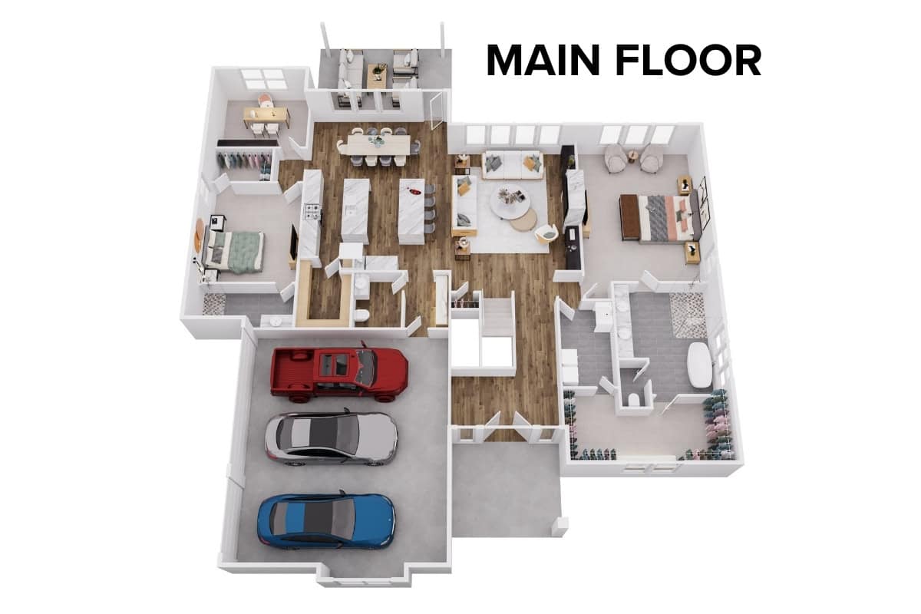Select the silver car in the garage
[331, 439]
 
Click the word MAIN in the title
[543, 61]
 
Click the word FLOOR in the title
[689, 61]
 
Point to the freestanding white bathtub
[700, 365]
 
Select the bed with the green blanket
[233, 251]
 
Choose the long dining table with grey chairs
[378, 145]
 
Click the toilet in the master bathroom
[634, 399]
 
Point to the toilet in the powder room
[361, 316]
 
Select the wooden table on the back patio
[377, 77]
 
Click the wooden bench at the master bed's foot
[629, 216]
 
